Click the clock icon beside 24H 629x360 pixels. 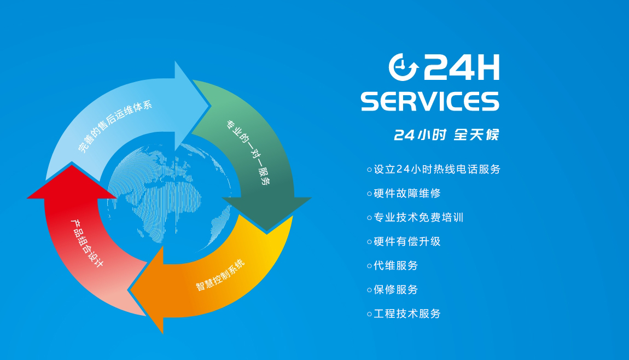click(x=404, y=67)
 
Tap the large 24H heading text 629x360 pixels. click(x=461, y=67)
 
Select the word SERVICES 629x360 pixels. click(x=430, y=101)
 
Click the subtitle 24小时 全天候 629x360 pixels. click(x=446, y=135)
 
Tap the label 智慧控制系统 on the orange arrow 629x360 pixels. click(x=220, y=275)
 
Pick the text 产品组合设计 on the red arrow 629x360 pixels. click(x=87, y=243)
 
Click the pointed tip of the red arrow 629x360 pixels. click(x=72, y=165)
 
